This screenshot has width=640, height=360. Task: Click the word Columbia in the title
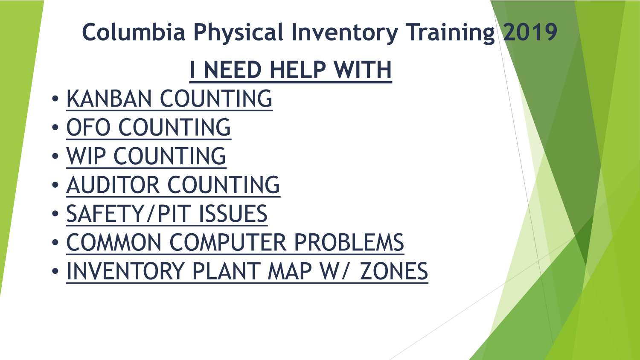click(134, 32)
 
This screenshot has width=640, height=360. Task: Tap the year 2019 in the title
click(530, 32)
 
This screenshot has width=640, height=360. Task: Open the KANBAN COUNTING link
click(169, 99)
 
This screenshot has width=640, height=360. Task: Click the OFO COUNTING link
click(148, 128)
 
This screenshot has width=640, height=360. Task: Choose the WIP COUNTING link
click(146, 156)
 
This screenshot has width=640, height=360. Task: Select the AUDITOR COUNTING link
click(173, 185)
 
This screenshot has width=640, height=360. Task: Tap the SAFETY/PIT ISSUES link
click(167, 214)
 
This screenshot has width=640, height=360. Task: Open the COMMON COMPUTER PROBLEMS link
click(235, 243)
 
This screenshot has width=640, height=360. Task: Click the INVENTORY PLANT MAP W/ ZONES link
click(247, 271)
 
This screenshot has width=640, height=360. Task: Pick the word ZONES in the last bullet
click(394, 271)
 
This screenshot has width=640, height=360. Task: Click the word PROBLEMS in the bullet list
click(349, 243)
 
